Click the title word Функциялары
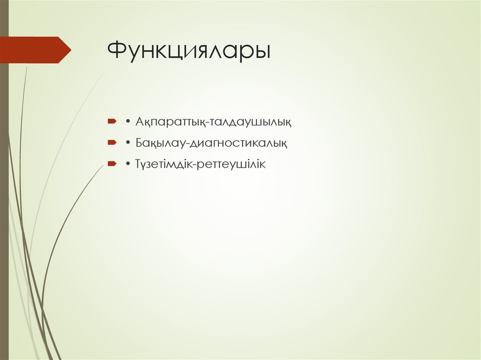[189, 51]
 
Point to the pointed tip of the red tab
[70, 50]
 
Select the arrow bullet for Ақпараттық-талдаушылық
[112, 122]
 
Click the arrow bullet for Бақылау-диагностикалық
[112, 143]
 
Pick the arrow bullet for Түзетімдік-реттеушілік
[112, 164]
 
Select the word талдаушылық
[251, 123]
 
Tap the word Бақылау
[156, 143]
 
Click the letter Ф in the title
[117, 51]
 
